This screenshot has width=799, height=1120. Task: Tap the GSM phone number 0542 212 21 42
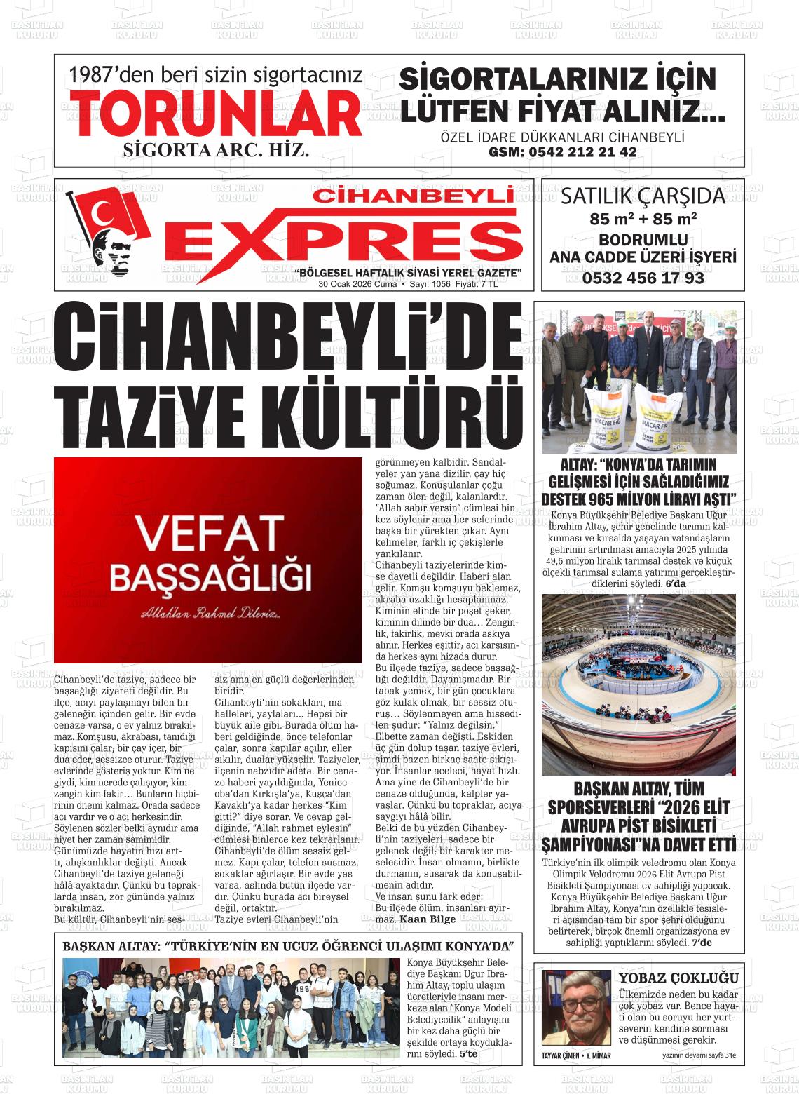point(562,152)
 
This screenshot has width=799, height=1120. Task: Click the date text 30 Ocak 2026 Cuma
point(357,285)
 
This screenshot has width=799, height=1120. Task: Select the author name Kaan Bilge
point(427,919)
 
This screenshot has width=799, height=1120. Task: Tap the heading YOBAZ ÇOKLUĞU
point(678,978)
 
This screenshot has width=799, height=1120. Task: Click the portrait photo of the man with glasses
point(576,1008)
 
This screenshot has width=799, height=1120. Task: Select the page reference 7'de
point(701,943)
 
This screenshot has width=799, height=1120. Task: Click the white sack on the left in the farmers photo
point(589,416)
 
